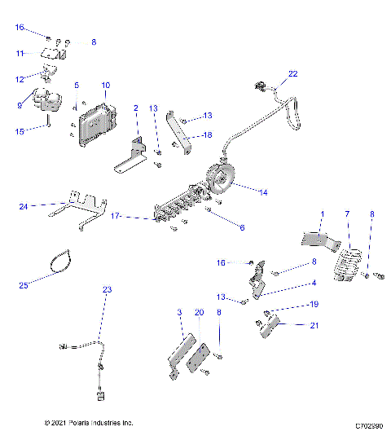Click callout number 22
click(293, 74)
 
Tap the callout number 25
click(24, 285)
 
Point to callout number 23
click(106, 289)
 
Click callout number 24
click(24, 207)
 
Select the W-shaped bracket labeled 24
click(77, 207)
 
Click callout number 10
click(106, 85)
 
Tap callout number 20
click(199, 312)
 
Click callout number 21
click(289, 325)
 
